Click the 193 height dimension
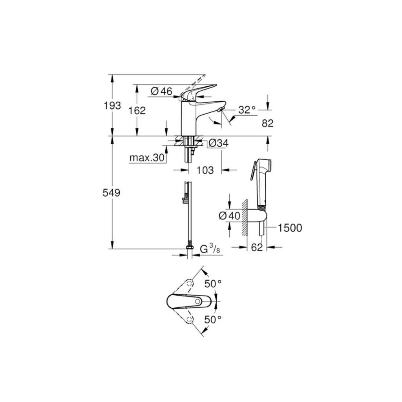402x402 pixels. tap(112, 105)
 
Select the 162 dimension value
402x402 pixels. tap(137, 110)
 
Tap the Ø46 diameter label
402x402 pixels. tap(161, 91)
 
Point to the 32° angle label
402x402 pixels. tap(247, 110)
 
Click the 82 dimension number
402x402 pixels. tap(268, 123)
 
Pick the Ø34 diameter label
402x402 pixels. tap(218, 143)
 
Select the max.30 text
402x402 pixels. tap(147, 158)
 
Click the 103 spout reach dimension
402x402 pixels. tap(205, 170)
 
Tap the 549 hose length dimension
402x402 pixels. tap(111, 192)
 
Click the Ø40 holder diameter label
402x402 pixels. tap(229, 216)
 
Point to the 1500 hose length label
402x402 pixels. tap(290, 228)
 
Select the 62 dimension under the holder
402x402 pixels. tap(257, 247)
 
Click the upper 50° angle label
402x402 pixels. tap(213, 284)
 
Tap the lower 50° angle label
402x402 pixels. tap(213, 320)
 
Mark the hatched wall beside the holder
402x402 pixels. tap(244, 217)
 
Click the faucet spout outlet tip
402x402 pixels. tap(221, 110)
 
